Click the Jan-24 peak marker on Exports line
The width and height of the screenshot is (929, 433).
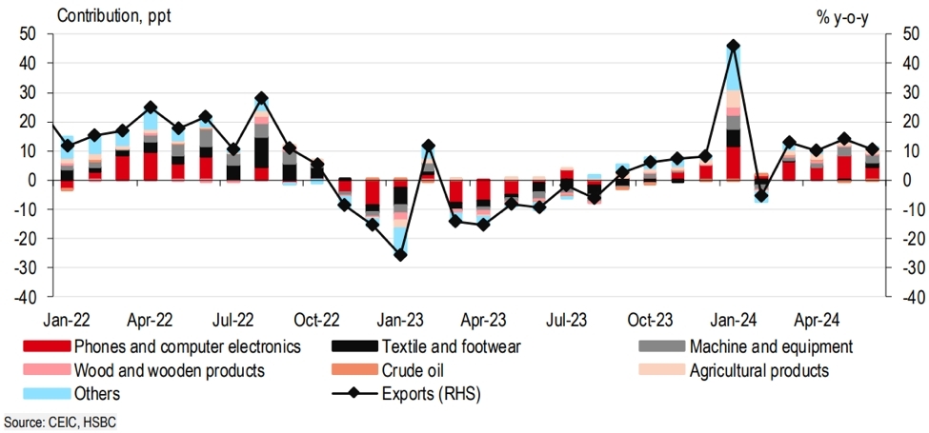(x=733, y=46)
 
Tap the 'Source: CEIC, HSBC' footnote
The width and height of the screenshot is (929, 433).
(x=60, y=421)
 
